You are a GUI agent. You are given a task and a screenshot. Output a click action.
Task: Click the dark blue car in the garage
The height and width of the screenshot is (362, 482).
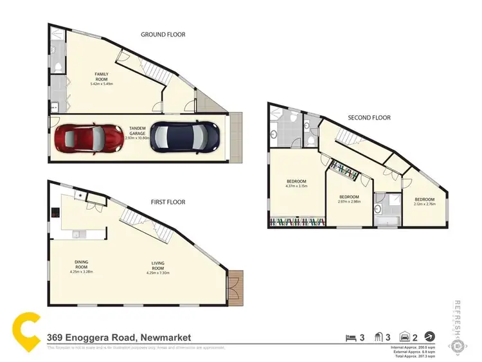click(185, 137)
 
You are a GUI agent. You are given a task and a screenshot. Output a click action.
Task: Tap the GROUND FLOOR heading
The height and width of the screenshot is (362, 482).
click(163, 35)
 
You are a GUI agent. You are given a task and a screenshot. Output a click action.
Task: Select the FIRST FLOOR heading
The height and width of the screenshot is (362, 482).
click(168, 202)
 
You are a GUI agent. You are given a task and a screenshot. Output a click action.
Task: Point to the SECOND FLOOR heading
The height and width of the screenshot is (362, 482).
click(369, 118)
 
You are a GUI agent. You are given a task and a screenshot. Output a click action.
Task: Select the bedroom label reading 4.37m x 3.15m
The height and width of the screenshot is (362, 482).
click(296, 184)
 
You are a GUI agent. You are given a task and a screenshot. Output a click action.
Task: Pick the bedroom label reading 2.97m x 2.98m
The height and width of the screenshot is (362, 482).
click(349, 198)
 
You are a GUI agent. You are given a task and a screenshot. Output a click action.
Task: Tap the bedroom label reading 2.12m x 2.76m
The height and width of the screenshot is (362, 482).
click(424, 201)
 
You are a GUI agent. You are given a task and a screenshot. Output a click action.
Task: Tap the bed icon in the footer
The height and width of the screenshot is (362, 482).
click(350, 336)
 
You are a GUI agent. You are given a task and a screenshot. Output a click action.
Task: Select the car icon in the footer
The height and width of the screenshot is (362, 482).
click(405, 336)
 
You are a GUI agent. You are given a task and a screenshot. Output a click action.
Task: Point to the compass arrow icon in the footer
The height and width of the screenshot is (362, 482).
click(429, 336)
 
